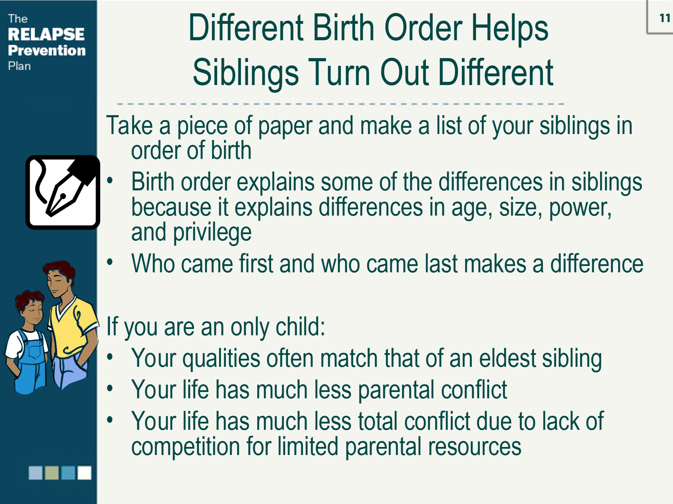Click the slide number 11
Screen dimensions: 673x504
click(x=665, y=18)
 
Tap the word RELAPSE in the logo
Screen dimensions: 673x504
click(x=46, y=34)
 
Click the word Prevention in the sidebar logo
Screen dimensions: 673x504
click(x=47, y=50)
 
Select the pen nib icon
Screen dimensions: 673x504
click(x=63, y=192)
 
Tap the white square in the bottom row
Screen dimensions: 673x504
click(x=84, y=472)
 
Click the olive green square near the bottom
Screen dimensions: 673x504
click(x=52, y=472)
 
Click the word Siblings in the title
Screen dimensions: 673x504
click(x=246, y=72)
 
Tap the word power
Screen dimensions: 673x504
click(x=580, y=208)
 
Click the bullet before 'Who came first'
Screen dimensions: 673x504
click(x=110, y=261)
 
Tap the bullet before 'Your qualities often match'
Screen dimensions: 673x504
click(x=110, y=357)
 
